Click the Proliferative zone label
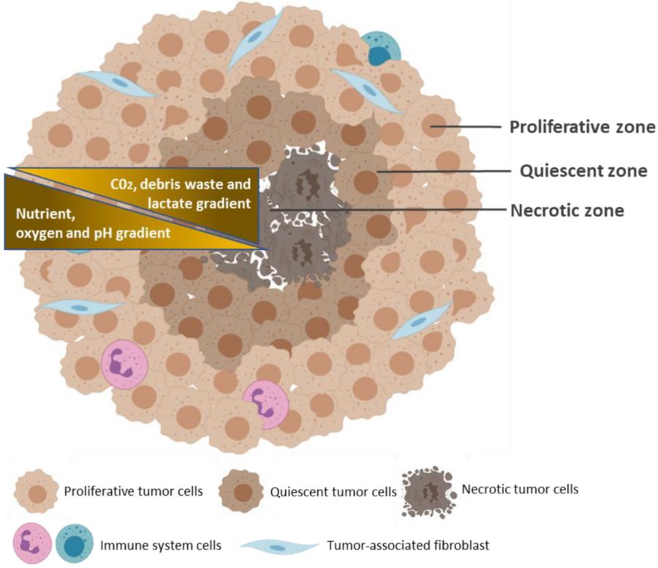click(581, 126)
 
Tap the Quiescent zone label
click(583, 171)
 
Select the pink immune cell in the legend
click(32, 543)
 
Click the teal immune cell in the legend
click(74, 544)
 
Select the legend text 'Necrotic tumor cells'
click(520, 489)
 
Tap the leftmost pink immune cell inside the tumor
click(120, 363)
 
